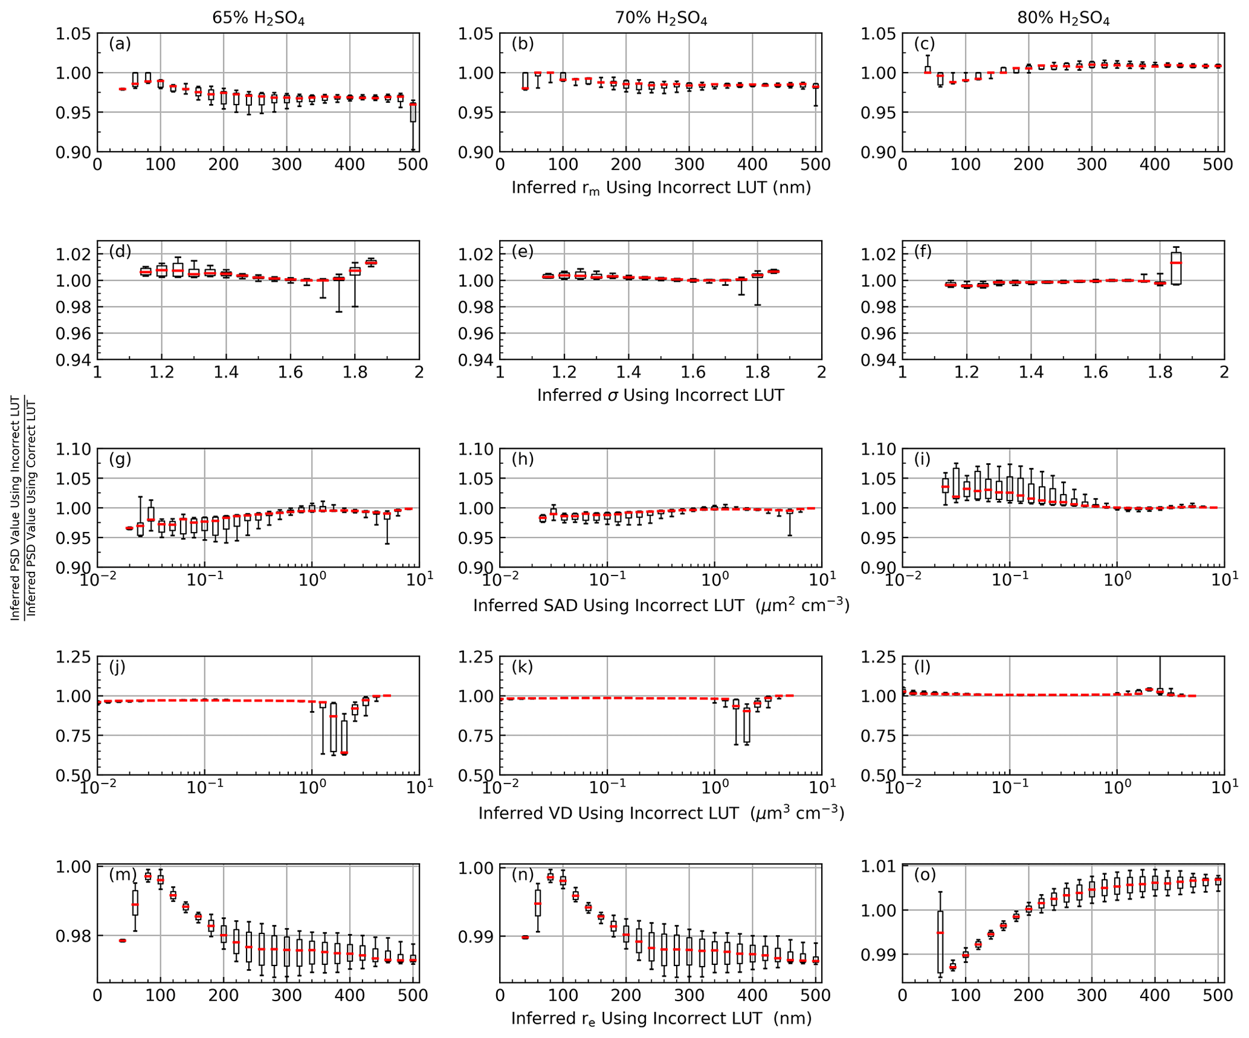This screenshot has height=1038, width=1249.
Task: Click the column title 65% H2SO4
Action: click(258, 19)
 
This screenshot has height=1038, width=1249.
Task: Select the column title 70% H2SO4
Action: click(660, 19)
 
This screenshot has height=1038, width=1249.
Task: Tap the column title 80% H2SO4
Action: click(1063, 19)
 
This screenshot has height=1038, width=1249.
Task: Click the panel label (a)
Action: click(120, 44)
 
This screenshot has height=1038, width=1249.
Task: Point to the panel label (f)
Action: click(923, 251)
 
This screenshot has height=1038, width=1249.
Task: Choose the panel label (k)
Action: click(522, 667)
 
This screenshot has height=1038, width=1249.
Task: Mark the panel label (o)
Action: click(925, 875)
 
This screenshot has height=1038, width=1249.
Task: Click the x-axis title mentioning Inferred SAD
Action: click(660, 605)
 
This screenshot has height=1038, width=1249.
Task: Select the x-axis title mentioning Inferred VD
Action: click(660, 813)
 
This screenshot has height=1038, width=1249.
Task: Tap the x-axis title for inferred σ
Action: click(660, 395)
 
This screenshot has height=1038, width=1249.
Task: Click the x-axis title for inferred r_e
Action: click(660, 1019)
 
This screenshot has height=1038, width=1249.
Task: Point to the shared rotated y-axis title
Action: click(24, 507)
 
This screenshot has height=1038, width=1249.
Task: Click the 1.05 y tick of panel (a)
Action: click(73, 34)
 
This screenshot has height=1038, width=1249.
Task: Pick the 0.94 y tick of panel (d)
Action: click(73, 360)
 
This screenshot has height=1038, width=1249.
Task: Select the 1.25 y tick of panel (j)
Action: click(73, 657)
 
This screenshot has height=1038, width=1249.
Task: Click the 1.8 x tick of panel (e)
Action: click(757, 372)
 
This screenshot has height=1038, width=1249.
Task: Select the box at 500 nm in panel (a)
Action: click(413, 112)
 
